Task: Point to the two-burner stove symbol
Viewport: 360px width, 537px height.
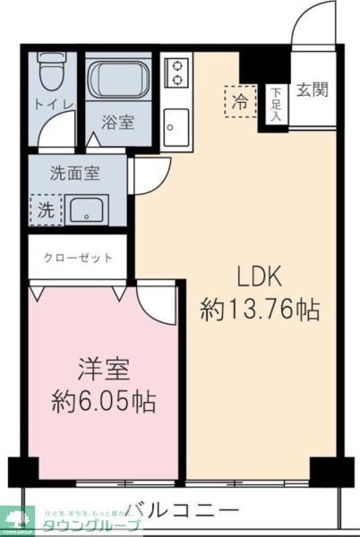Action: [177, 72]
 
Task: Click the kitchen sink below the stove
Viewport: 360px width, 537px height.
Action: [176, 124]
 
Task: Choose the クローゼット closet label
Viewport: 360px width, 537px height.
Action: [79, 259]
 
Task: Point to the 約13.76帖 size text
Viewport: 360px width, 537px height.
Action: [260, 311]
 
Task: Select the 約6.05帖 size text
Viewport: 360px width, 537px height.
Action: [104, 400]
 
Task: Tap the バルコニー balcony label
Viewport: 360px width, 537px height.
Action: [182, 511]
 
